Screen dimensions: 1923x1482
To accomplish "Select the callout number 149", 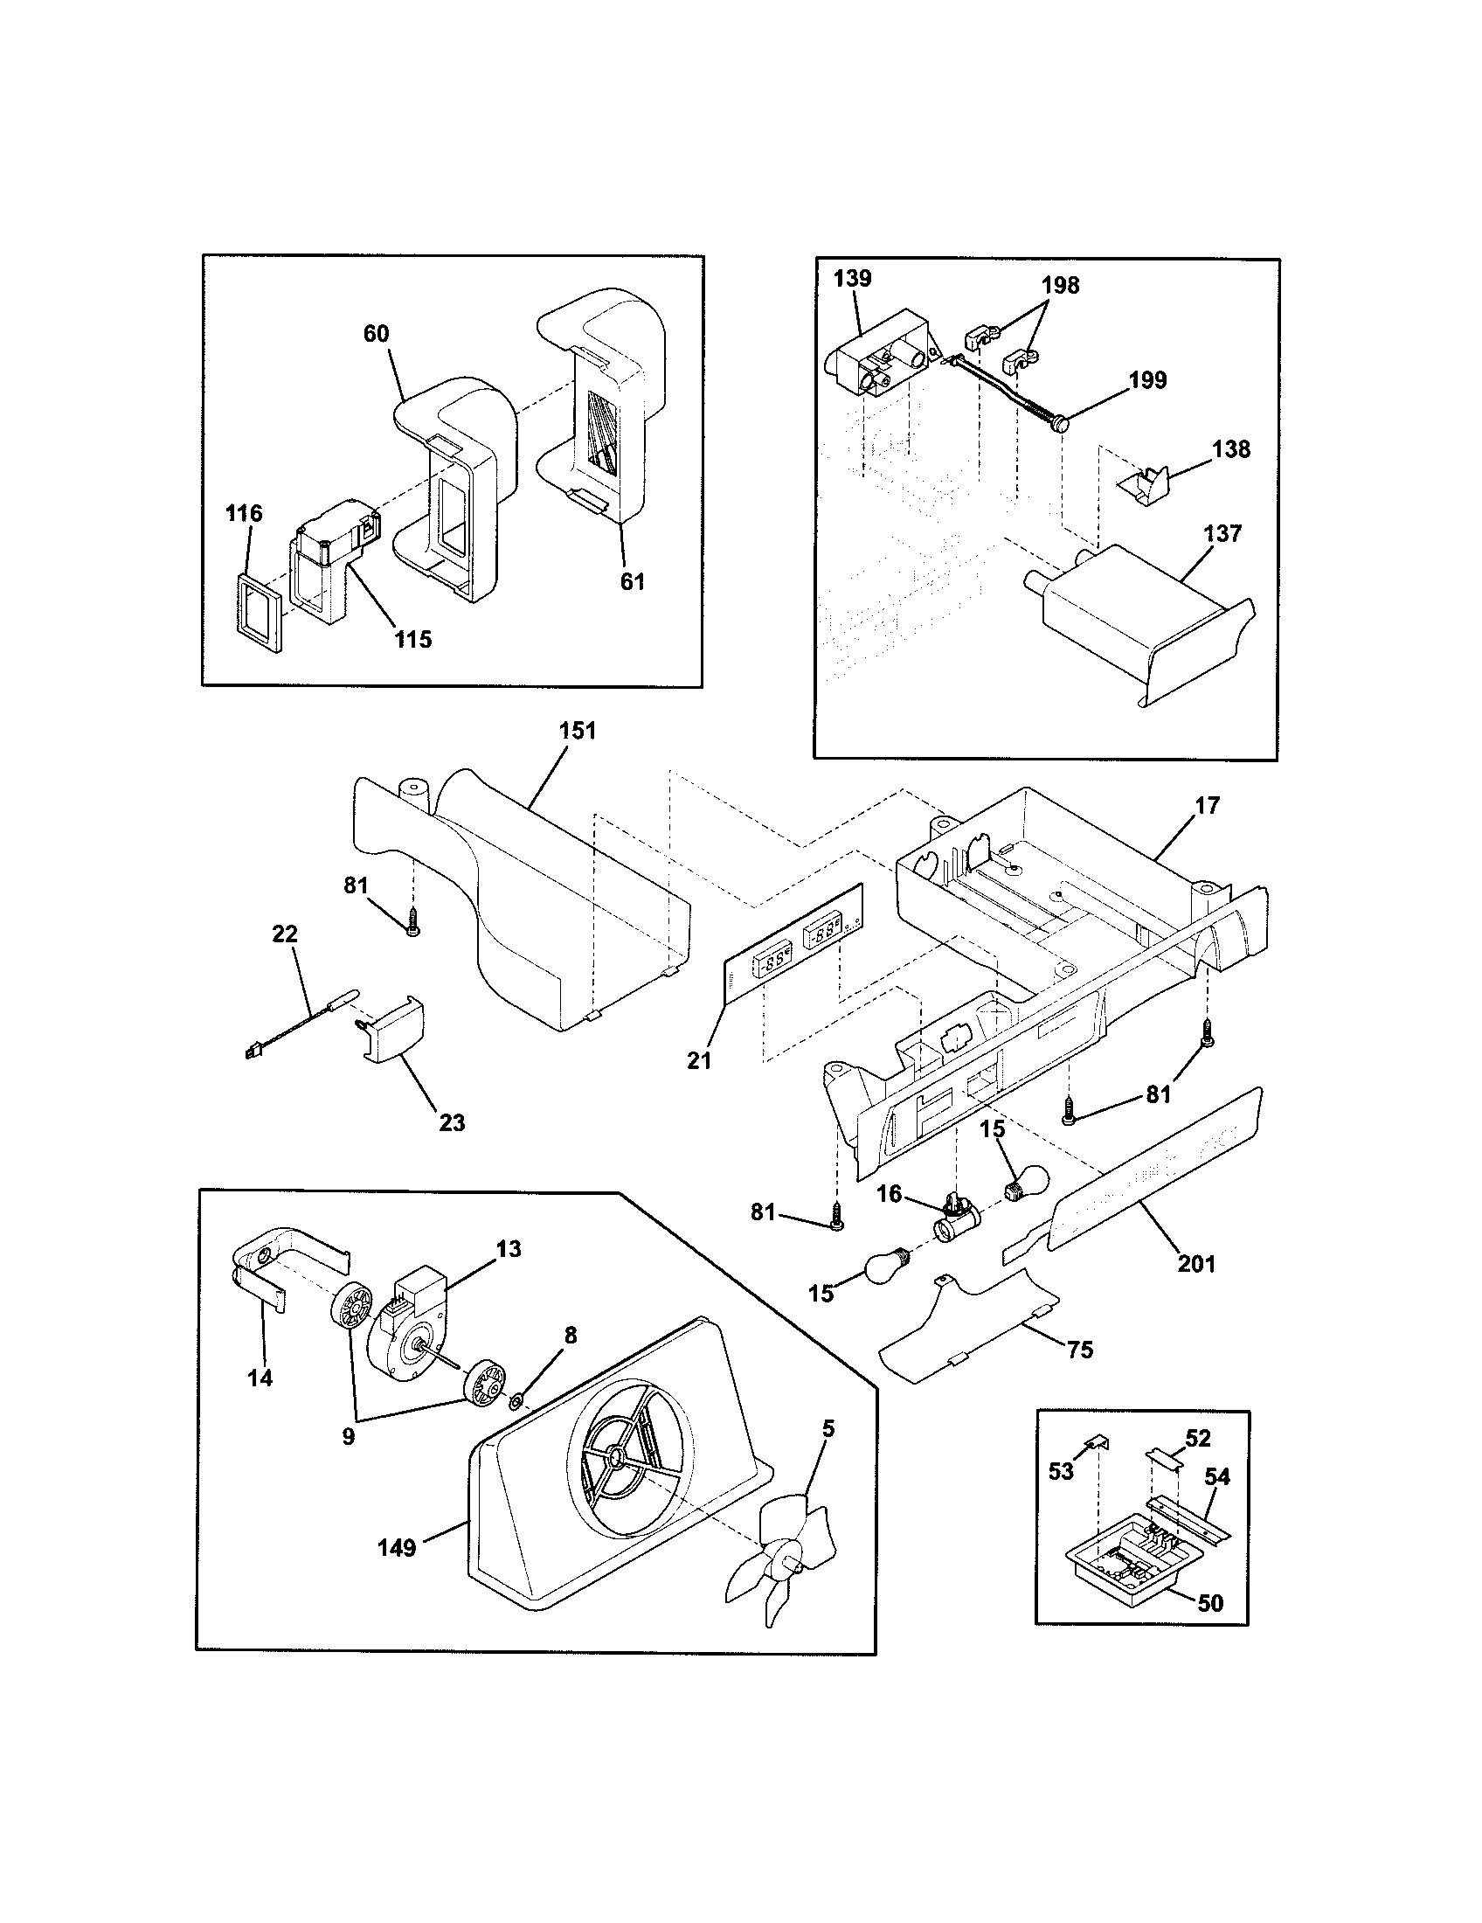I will click(x=396, y=1547).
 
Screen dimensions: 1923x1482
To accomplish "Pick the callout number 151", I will click(x=577, y=731).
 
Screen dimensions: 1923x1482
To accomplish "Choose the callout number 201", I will click(x=1196, y=1264).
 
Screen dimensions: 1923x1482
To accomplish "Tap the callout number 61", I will click(x=632, y=581).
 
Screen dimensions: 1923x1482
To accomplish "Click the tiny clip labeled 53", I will click(x=1098, y=1441).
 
